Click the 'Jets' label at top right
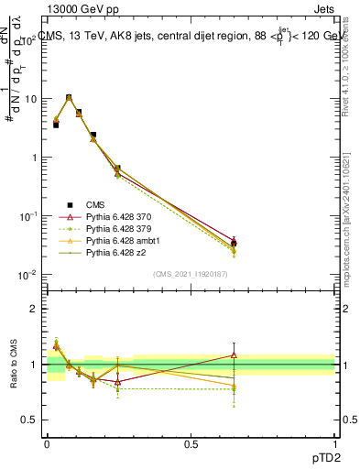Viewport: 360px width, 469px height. [324, 10]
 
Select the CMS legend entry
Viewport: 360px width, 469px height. [95, 205]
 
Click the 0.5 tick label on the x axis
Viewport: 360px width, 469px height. [191, 443]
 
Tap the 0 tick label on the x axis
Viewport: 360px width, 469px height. [47, 443]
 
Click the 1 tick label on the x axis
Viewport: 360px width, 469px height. [335, 443]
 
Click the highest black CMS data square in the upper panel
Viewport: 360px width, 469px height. [69, 97]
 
